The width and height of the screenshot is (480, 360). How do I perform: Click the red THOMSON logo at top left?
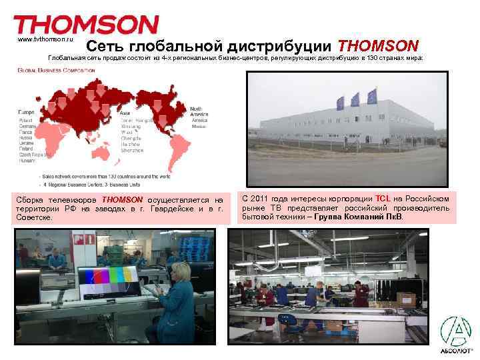coord(86,25)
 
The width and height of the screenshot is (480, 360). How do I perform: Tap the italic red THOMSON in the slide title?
coord(378,46)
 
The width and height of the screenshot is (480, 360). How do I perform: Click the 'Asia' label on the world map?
coord(125,113)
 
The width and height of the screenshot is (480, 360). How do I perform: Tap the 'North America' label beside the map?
coord(199,110)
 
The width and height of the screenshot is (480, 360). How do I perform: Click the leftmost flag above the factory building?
coord(340,102)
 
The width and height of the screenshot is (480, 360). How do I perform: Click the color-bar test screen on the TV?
coord(110,281)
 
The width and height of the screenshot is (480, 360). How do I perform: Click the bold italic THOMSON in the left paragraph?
coord(122,199)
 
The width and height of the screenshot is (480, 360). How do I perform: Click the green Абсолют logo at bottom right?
coord(457,333)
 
